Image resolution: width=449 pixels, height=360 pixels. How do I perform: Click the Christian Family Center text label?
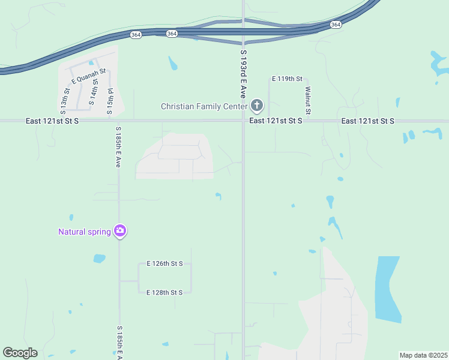pyautogui.click(x=203, y=107)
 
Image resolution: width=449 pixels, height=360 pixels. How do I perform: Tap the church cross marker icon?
pyautogui.click(x=256, y=106)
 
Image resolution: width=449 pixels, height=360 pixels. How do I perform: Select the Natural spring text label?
pyautogui.click(x=84, y=232)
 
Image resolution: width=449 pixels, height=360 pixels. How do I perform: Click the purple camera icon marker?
pyautogui.click(x=120, y=230)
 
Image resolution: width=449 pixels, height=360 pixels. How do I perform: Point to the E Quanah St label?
pyautogui.click(x=88, y=76)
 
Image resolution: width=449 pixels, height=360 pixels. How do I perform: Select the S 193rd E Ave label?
pyautogui.click(x=243, y=74)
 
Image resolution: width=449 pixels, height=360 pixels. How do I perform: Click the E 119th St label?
pyautogui.click(x=289, y=79)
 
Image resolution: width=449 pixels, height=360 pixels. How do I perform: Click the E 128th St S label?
pyautogui.click(x=164, y=292)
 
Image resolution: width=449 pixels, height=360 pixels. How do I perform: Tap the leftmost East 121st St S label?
pyautogui.click(x=52, y=121)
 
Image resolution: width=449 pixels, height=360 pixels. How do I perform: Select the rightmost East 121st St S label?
pyautogui.click(x=367, y=121)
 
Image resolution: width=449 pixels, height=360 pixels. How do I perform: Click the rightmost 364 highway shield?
pyautogui.click(x=336, y=25)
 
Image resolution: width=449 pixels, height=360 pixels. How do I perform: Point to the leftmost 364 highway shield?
pyautogui.click(x=136, y=35)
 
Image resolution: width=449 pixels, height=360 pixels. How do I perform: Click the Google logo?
pyautogui.click(x=20, y=353)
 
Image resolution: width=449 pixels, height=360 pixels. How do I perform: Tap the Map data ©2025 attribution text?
pyautogui.click(x=423, y=355)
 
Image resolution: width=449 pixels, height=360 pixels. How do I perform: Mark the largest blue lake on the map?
pyautogui.click(x=387, y=288)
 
